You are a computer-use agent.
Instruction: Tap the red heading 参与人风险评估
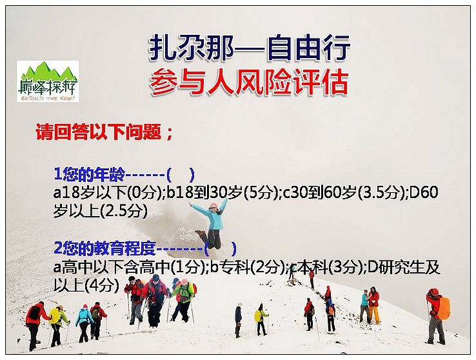(249, 82)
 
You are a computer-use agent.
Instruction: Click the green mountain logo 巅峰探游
(48, 81)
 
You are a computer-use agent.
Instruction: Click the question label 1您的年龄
(89, 174)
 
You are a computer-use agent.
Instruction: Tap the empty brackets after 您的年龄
(181, 174)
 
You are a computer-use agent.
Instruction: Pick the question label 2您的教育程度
(104, 248)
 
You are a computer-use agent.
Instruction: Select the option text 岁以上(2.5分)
(101, 211)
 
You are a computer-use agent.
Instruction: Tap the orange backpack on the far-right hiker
(444, 308)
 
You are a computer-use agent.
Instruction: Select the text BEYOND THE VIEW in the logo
(48, 98)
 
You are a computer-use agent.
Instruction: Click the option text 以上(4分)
(86, 286)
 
